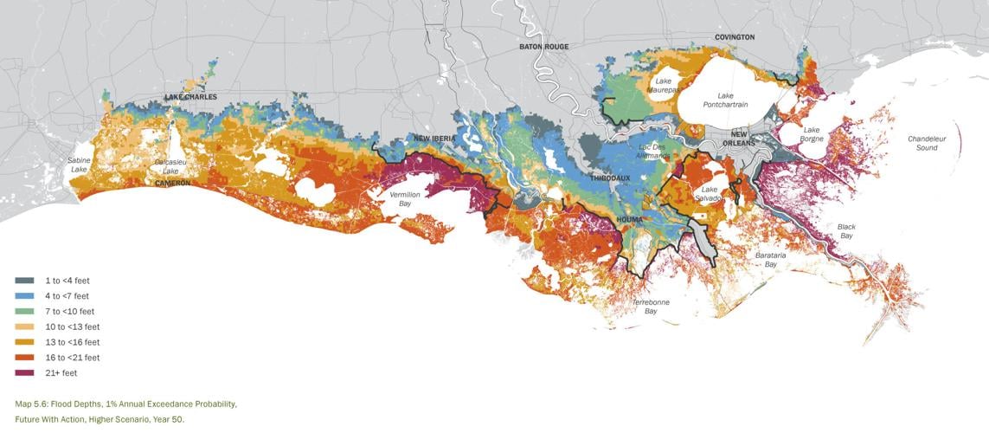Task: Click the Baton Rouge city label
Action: point(543,46)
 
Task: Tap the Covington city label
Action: point(735,37)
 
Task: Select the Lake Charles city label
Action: point(191,97)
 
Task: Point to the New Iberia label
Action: point(434,139)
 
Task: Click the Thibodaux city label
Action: point(610,178)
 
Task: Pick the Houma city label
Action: point(629,220)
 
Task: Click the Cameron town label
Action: point(173,184)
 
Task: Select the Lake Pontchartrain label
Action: point(725,100)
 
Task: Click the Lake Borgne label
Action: point(812,134)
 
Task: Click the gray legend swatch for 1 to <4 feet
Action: point(24,281)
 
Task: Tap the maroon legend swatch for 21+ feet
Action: point(24,373)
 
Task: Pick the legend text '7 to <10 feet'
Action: point(70,312)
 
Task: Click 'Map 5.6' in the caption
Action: point(31,404)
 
